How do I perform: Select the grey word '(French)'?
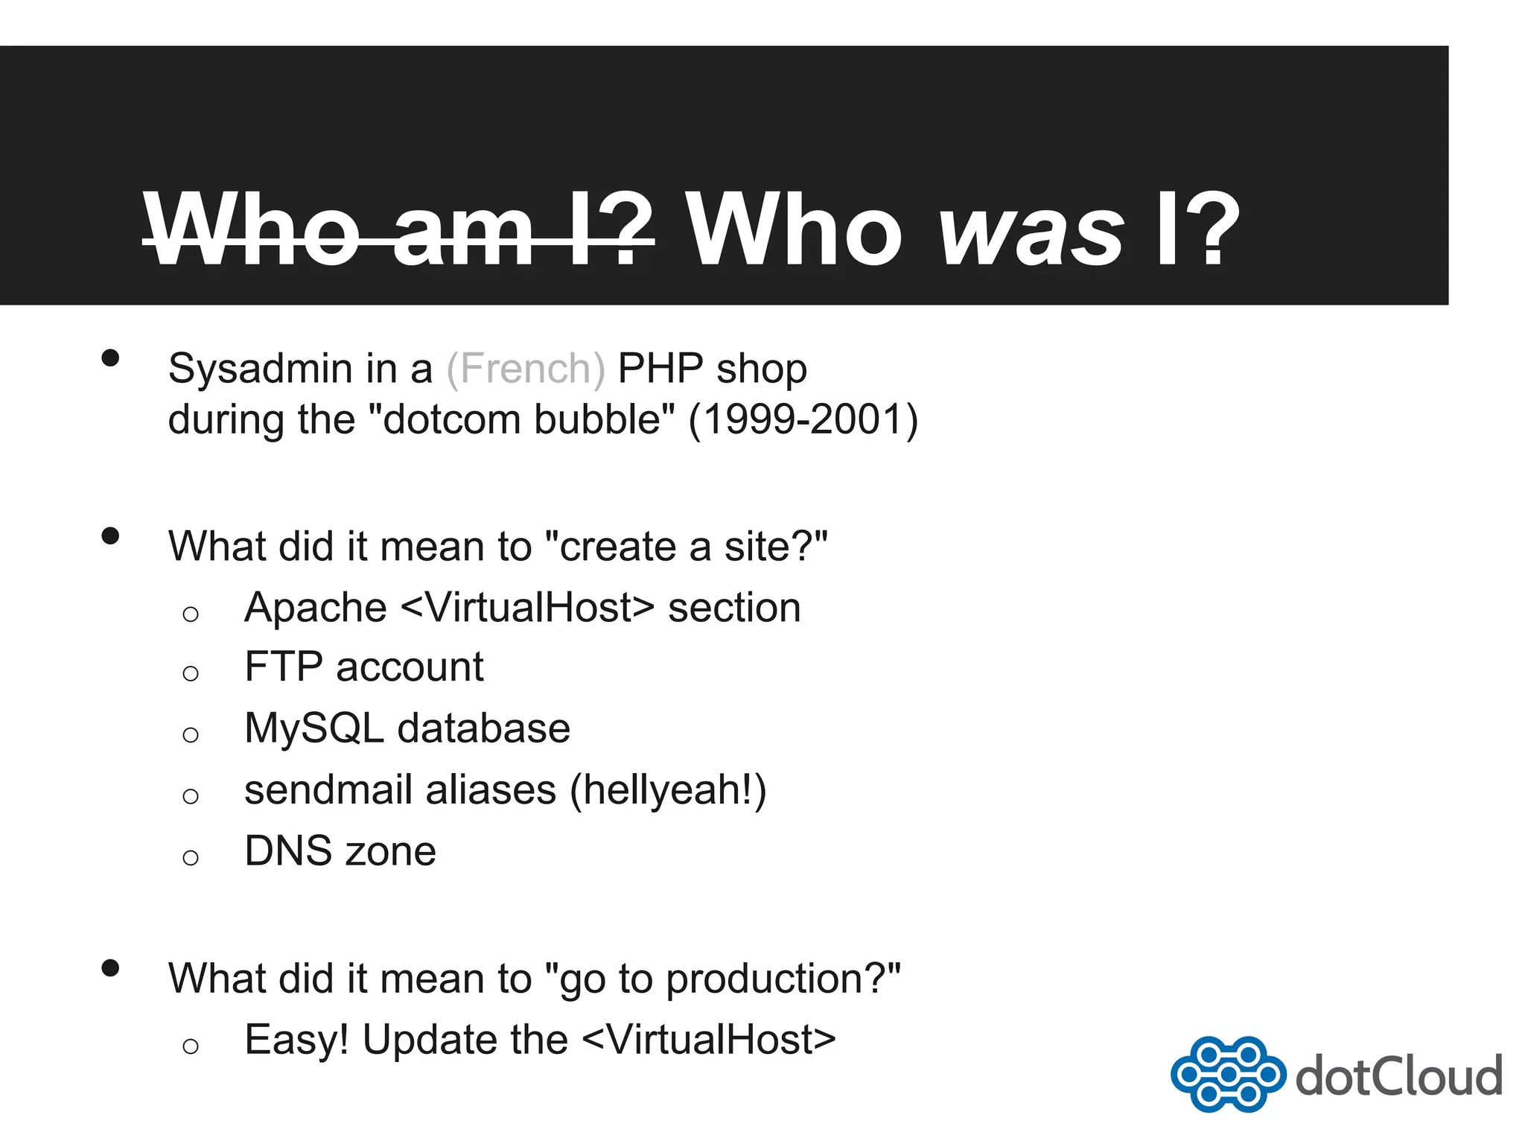pyautogui.click(x=526, y=369)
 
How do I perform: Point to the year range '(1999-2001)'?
pyautogui.click(x=803, y=419)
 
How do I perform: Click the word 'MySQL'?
pyautogui.click(x=313, y=729)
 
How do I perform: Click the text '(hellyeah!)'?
pyautogui.click(x=668, y=791)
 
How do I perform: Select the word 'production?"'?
pyautogui.click(x=783, y=980)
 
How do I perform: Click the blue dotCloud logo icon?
pyautogui.click(x=1227, y=1074)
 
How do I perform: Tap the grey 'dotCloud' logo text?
pyautogui.click(x=1398, y=1076)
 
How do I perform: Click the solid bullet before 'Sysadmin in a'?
pyautogui.click(x=110, y=358)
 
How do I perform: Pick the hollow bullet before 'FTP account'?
pyautogui.click(x=191, y=674)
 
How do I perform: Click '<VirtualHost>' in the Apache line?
pyautogui.click(x=527, y=608)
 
